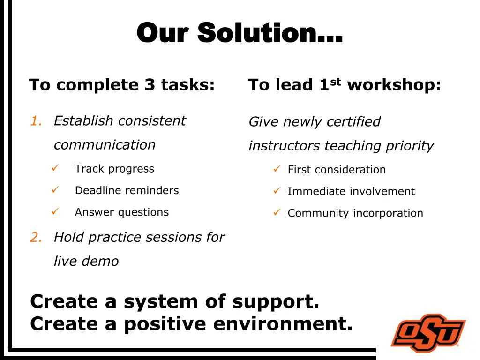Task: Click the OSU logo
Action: click(428, 333)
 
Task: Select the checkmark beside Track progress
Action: click(55, 168)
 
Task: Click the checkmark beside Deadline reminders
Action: click(55, 190)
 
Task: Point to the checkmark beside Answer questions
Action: click(55, 211)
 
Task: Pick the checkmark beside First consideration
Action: click(277, 169)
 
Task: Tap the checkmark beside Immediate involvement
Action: click(277, 191)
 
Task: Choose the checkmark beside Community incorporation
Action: click(277, 212)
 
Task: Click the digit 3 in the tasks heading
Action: click(150, 85)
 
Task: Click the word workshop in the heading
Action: click(394, 85)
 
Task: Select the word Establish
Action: click(83, 121)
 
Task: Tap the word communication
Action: click(105, 145)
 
